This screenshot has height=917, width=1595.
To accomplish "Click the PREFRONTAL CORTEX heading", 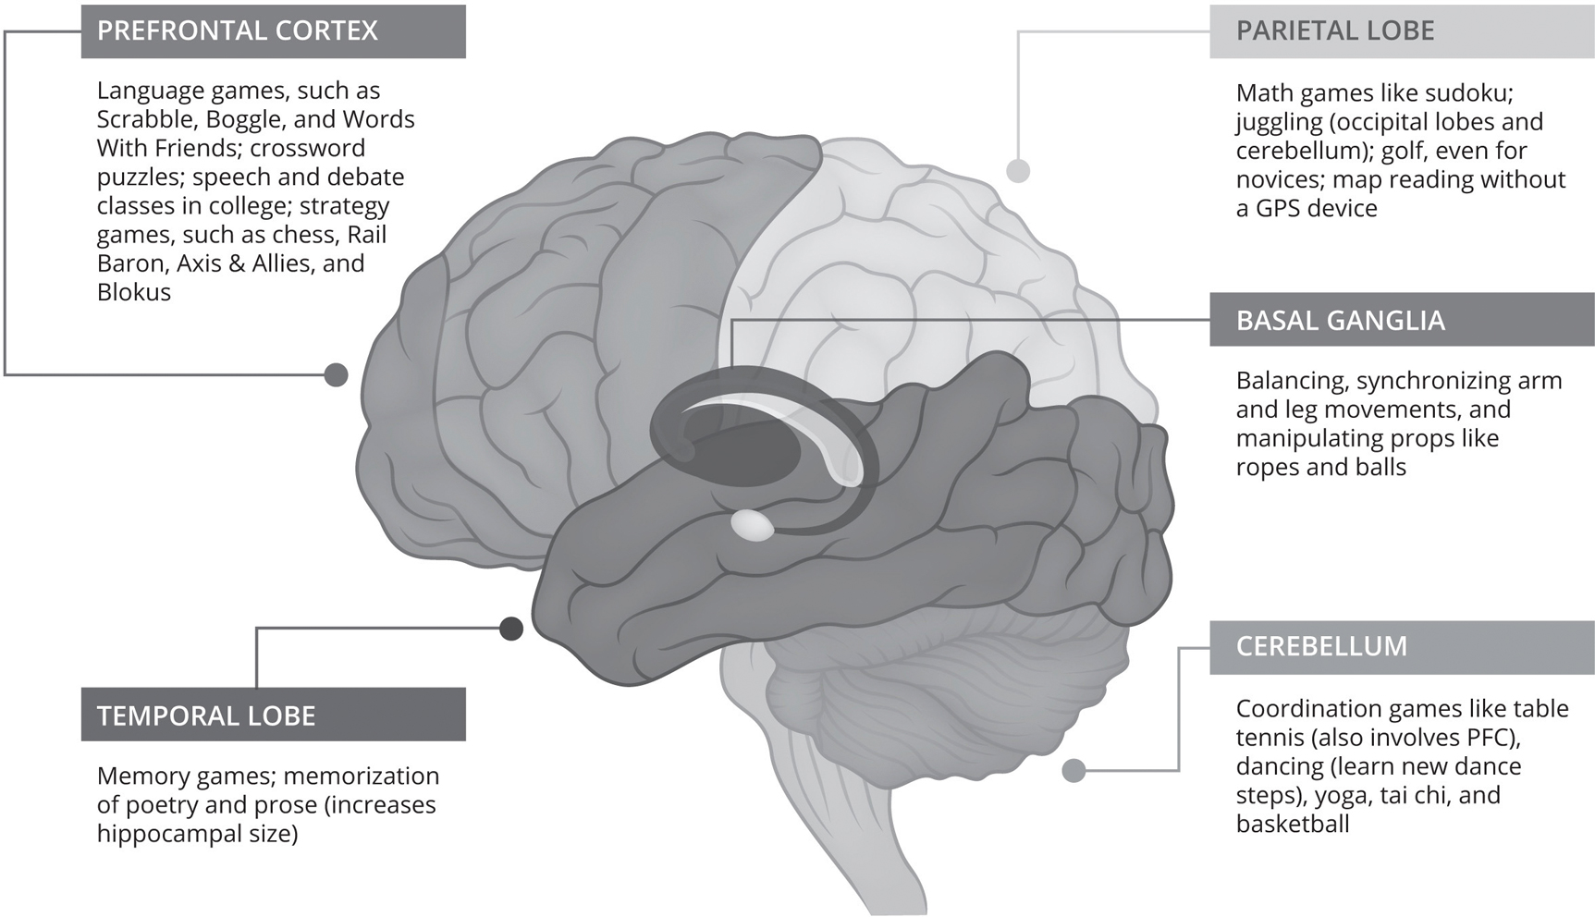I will (x=238, y=31).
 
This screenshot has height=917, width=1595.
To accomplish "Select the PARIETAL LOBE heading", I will (x=1335, y=31).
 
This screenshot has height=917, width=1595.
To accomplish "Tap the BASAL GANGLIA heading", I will (x=1340, y=321).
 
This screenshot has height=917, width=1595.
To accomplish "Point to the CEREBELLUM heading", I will (x=1321, y=646).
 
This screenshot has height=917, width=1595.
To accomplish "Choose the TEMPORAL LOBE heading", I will (x=206, y=715).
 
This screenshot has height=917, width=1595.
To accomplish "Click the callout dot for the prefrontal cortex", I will (x=337, y=374).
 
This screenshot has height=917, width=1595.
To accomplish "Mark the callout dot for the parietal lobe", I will (x=1018, y=171).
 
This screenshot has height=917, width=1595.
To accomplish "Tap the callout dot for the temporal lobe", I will (x=510, y=629).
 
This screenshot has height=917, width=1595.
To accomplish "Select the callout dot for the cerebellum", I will (x=1074, y=770).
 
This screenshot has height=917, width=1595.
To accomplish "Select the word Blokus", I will (x=134, y=292).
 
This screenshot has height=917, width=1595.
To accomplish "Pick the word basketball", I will (x=1292, y=824).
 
